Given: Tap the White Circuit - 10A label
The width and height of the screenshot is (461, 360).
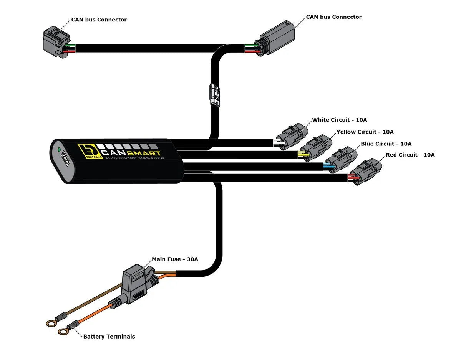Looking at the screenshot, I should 339,120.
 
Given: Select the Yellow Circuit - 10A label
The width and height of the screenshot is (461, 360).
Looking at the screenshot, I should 365,132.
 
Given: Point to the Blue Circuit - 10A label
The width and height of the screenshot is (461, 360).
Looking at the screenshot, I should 386,144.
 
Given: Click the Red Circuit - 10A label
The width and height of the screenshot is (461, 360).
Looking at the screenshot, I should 410,155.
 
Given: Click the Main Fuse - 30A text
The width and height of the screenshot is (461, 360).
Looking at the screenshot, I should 175,259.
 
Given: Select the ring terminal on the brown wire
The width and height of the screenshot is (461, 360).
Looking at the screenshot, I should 51,324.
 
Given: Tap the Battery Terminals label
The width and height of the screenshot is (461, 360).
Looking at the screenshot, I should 109,337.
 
